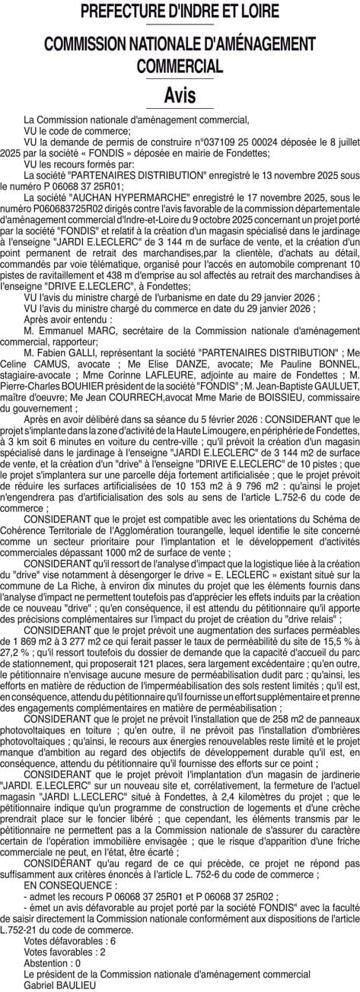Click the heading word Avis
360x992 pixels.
(x=180, y=96)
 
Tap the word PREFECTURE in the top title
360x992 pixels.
(x=129, y=12)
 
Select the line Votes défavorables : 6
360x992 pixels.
(x=69, y=941)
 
